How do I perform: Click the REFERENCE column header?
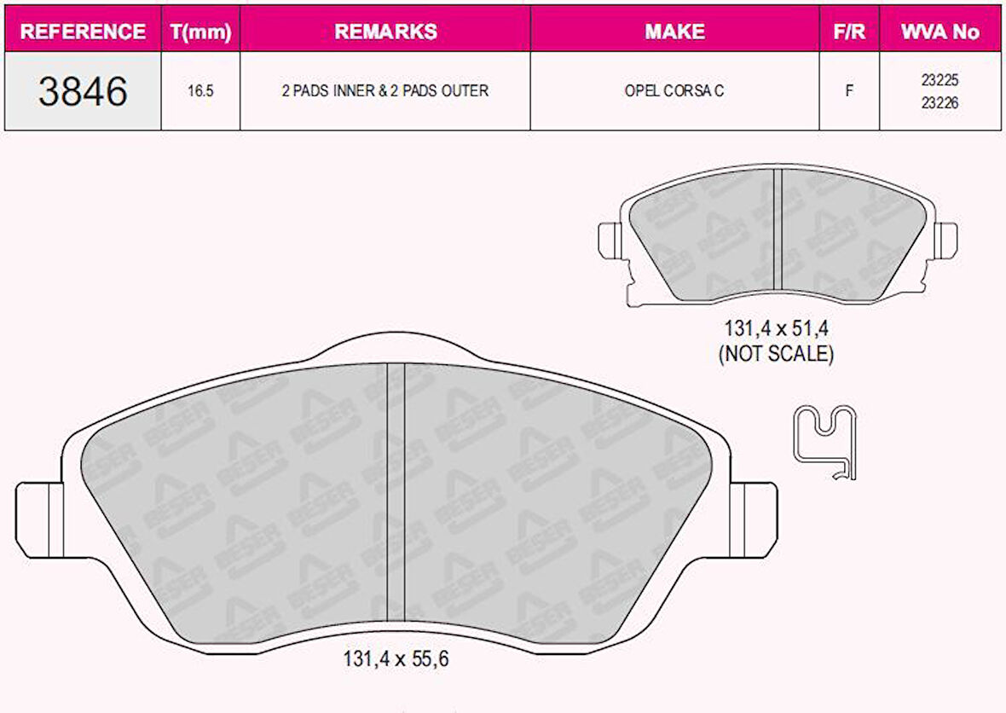83,32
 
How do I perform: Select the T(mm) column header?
201,32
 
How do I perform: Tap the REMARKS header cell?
385,32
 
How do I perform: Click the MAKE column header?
675,32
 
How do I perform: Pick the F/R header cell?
849,32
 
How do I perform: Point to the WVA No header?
940,32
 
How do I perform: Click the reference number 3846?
83,91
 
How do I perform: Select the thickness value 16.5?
200,91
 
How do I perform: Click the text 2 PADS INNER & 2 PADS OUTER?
385,91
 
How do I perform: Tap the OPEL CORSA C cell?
674,91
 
